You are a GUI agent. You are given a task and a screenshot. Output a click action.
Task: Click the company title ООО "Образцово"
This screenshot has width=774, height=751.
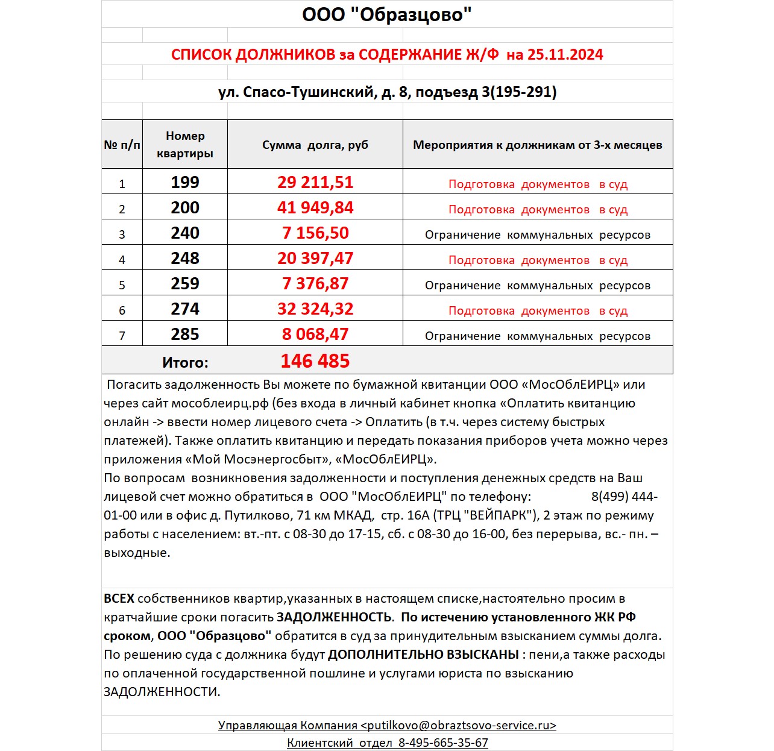(x=386, y=14)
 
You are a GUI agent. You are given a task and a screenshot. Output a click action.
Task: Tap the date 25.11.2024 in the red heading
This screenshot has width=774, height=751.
(x=565, y=55)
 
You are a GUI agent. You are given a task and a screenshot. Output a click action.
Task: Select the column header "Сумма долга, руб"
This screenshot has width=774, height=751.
(x=315, y=145)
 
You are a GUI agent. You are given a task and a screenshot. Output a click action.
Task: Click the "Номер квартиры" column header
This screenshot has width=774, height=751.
(x=185, y=145)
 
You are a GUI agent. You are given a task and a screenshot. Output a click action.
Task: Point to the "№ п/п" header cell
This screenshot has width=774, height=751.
(x=122, y=145)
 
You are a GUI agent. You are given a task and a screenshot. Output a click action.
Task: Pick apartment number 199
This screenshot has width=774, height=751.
(x=185, y=182)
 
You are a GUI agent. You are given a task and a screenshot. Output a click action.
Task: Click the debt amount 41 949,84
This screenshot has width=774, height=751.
(x=315, y=208)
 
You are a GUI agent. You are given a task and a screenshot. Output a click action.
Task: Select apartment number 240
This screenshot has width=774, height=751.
(x=185, y=233)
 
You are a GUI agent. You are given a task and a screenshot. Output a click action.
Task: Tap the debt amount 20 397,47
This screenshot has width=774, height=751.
(x=315, y=259)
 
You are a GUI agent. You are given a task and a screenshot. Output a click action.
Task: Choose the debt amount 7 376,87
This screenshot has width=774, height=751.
(x=315, y=284)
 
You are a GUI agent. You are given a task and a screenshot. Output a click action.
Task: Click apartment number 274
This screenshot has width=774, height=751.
(x=185, y=309)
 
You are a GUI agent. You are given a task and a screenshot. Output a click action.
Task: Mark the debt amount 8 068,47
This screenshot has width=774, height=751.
(x=315, y=335)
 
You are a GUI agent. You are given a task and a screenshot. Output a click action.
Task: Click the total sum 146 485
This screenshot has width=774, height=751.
(x=315, y=361)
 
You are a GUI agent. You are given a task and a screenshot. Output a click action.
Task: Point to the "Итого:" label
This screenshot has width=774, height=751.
(x=185, y=362)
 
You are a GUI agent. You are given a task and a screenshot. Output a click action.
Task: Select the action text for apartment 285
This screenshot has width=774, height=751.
(x=538, y=336)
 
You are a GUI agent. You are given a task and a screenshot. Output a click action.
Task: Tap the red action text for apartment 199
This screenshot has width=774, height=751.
(x=538, y=184)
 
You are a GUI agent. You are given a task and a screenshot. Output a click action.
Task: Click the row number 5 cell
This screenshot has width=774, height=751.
(x=122, y=285)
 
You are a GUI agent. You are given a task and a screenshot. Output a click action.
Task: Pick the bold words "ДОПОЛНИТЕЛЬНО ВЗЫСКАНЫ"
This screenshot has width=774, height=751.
(x=423, y=655)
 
